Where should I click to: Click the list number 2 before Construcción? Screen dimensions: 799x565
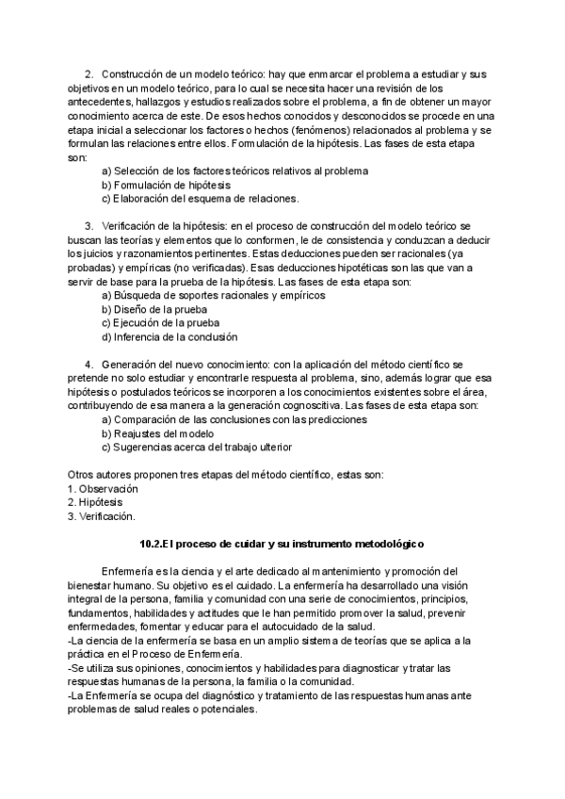click(x=88, y=73)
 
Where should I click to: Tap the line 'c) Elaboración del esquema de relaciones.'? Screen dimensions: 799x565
click(x=199, y=199)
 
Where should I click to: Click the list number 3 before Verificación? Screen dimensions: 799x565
click(x=88, y=226)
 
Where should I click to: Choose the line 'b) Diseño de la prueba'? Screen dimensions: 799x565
click(x=153, y=309)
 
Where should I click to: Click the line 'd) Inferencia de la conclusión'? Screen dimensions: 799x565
click(x=169, y=336)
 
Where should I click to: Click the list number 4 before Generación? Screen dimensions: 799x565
click(x=88, y=364)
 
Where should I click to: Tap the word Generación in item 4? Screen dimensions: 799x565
click(x=131, y=364)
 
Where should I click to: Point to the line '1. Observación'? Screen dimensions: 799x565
click(x=103, y=489)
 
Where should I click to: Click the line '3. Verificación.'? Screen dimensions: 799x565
click(x=102, y=516)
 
